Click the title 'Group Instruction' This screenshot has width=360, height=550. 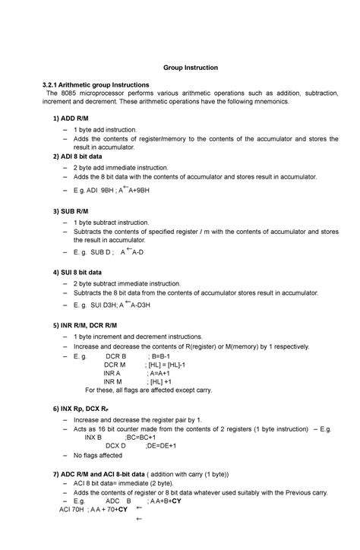pos(191,68)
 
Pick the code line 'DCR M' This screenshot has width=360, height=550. pos(115,365)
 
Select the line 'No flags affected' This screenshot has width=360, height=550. pos(97,456)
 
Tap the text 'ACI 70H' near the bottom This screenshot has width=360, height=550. pos(74,509)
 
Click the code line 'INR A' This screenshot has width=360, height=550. pos(112,374)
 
